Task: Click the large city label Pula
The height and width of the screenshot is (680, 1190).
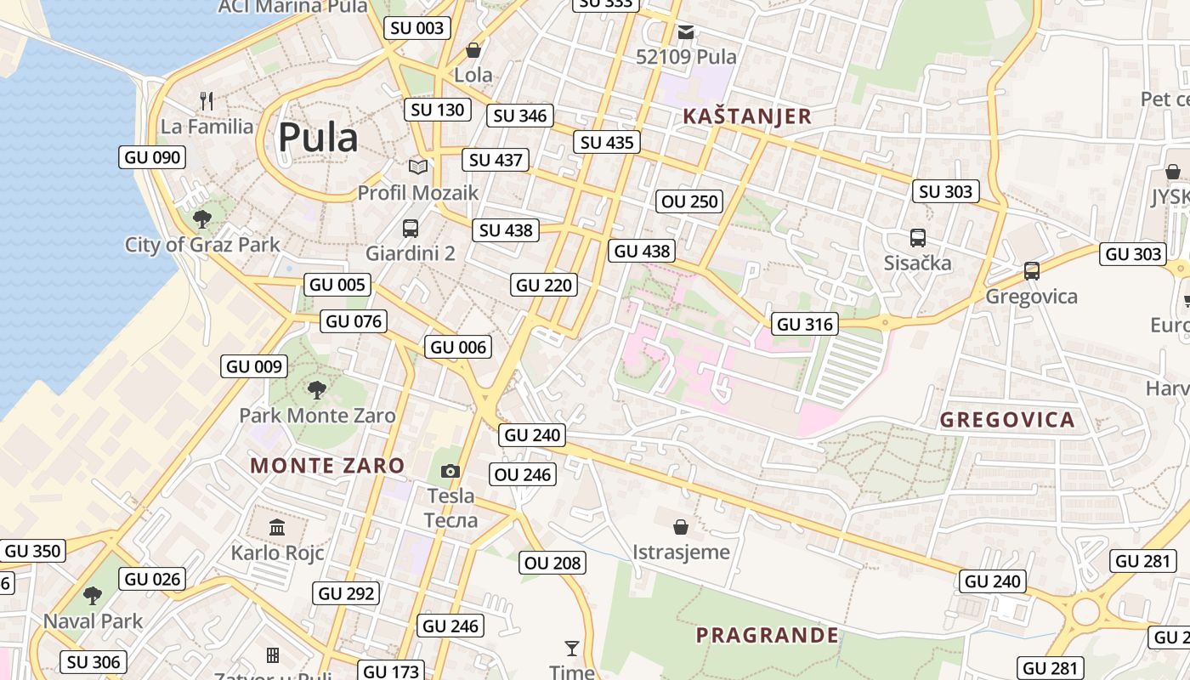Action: click(318, 137)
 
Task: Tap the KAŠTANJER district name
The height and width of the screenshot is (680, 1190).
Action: click(747, 116)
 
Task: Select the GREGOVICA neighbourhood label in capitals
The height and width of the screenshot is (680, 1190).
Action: click(1007, 420)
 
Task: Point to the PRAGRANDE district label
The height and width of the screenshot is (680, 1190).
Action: click(767, 635)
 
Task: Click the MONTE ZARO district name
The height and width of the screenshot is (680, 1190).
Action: click(327, 465)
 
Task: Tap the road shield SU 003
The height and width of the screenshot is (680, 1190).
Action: click(416, 28)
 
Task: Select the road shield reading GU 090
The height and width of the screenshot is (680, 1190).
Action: click(152, 157)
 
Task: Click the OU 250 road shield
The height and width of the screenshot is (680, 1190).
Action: click(690, 201)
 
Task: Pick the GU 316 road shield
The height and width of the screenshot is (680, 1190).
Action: click(805, 324)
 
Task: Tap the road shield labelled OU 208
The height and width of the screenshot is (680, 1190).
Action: click(552, 563)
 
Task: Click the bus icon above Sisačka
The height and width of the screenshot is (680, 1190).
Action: click(917, 238)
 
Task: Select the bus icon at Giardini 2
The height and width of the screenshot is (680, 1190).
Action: click(411, 228)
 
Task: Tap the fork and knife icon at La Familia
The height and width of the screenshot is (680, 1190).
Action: click(207, 101)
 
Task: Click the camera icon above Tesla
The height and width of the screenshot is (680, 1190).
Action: click(450, 471)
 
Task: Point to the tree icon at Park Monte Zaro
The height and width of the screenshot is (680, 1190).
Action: click(317, 390)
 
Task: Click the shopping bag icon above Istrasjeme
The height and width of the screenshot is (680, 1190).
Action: click(680, 527)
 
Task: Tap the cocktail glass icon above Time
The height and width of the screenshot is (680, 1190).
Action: click(572, 649)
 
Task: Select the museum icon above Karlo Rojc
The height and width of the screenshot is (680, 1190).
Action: click(277, 528)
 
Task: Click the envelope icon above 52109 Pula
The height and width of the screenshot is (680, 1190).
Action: click(686, 32)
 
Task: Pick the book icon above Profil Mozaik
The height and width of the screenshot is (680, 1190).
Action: click(417, 167)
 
